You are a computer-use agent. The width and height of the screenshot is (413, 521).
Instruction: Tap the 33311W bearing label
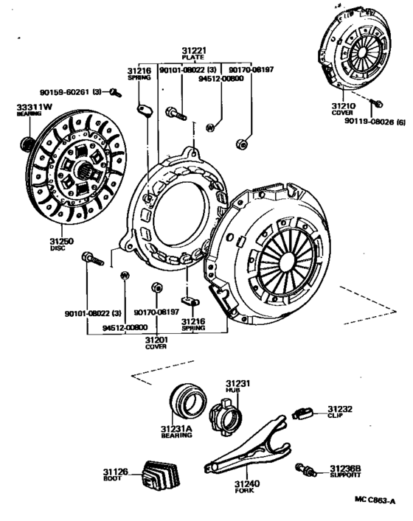pos(33,108)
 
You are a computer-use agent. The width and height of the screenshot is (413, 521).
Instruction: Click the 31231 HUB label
pos(238,383)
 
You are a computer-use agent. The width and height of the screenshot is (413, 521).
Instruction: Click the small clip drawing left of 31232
pos(302,412)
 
